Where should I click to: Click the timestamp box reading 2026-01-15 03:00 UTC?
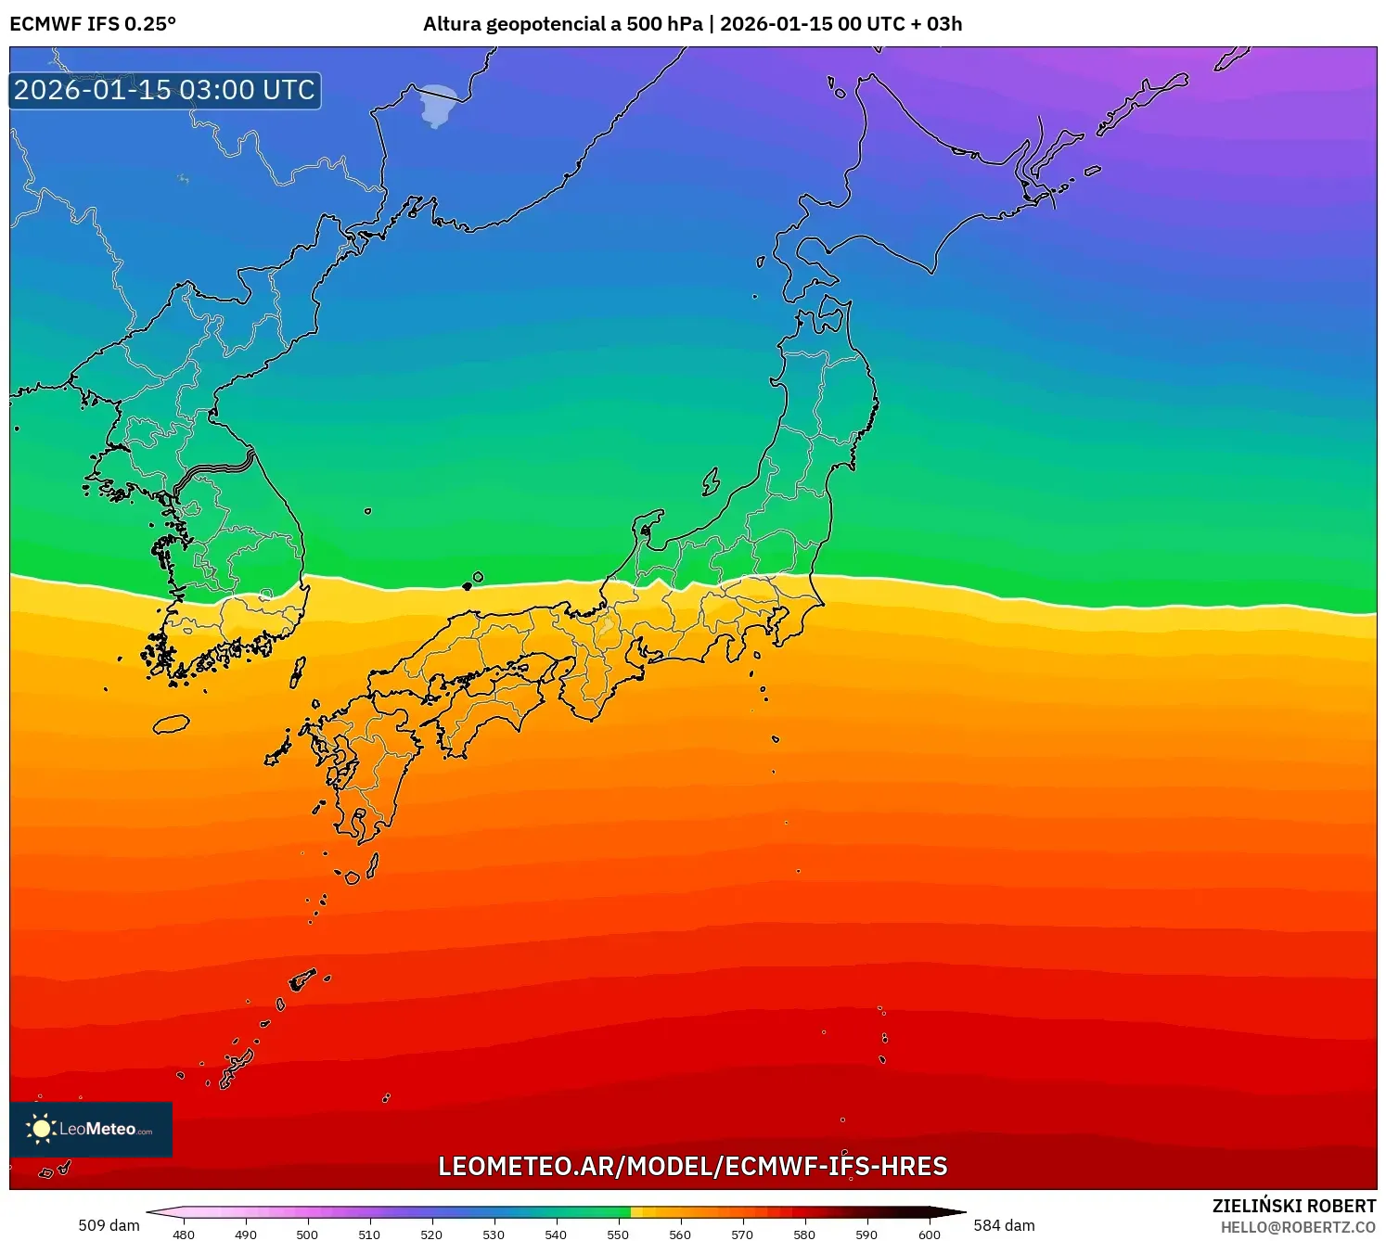coord(165,90)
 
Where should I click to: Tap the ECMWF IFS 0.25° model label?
coord(93,24)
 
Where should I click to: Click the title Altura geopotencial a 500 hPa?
coord(562,24)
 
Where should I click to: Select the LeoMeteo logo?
coord(91,1129)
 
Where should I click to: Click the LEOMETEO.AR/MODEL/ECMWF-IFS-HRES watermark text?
coord(692,1166)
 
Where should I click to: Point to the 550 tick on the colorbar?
coord(618,1234)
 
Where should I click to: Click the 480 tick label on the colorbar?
coord(184,1234)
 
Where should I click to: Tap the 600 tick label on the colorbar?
coord(929,1234)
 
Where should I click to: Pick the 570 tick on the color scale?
coord(742,1234)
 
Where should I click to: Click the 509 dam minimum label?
coord(109,1225)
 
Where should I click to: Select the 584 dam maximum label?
coord(1004,1225)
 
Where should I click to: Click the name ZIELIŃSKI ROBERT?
coord(1294,1206)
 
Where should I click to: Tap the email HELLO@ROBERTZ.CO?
coord(1298,1227)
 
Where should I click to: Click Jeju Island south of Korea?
coord(171,724)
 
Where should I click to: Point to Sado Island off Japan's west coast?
coord(711,481)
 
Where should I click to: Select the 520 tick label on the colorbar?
coord(431,1234)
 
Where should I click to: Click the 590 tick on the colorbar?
coord(866,1234)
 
